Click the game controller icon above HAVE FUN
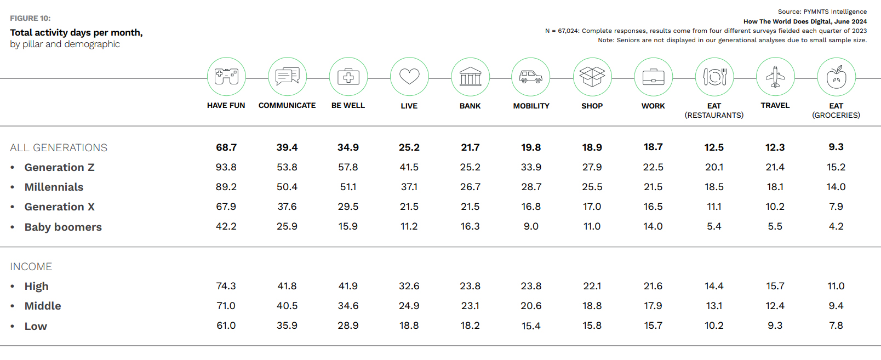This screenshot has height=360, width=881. click(226, 77)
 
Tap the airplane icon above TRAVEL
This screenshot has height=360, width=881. click(775, 77)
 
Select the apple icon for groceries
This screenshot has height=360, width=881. click(836, 77)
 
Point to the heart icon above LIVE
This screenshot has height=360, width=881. click(409, 77)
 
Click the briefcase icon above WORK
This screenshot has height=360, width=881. click(653, 77)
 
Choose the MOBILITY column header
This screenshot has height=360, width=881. click(531, 106)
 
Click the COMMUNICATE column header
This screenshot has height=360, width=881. click(287, 105)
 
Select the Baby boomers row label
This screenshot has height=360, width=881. click(63, 227)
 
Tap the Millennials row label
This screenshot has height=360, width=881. click(54, 187)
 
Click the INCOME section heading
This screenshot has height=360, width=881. click(31, 267)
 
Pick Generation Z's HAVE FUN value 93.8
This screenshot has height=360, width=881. click(226, 167)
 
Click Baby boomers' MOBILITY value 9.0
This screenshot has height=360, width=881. click(531, 226)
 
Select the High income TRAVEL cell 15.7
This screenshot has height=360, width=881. click(775, 286)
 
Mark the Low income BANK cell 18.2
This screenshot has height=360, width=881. click(470, 325)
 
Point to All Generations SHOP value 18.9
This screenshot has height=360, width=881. click(592, 147)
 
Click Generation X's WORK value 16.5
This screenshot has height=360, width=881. click(653, 207)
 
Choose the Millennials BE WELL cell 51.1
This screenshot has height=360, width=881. click(348, 187)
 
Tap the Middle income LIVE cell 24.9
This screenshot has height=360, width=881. click(409, 306)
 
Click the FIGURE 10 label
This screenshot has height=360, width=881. click(30, 18)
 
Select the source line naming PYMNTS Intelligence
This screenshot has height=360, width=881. click(822, 12)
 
